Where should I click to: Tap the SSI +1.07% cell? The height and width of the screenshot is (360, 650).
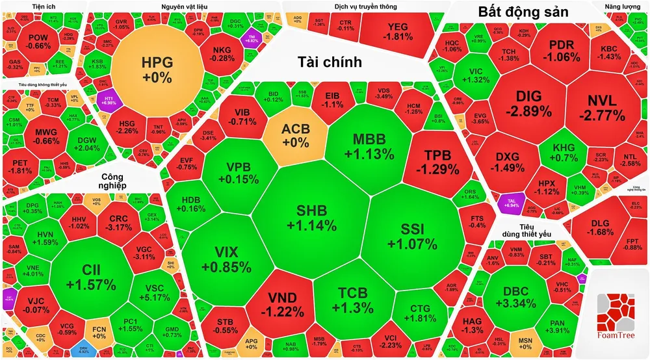[411, 236]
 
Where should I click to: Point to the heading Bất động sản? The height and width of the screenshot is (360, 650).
[523, 12]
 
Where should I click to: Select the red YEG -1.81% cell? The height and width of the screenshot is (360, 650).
[396, 31]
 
